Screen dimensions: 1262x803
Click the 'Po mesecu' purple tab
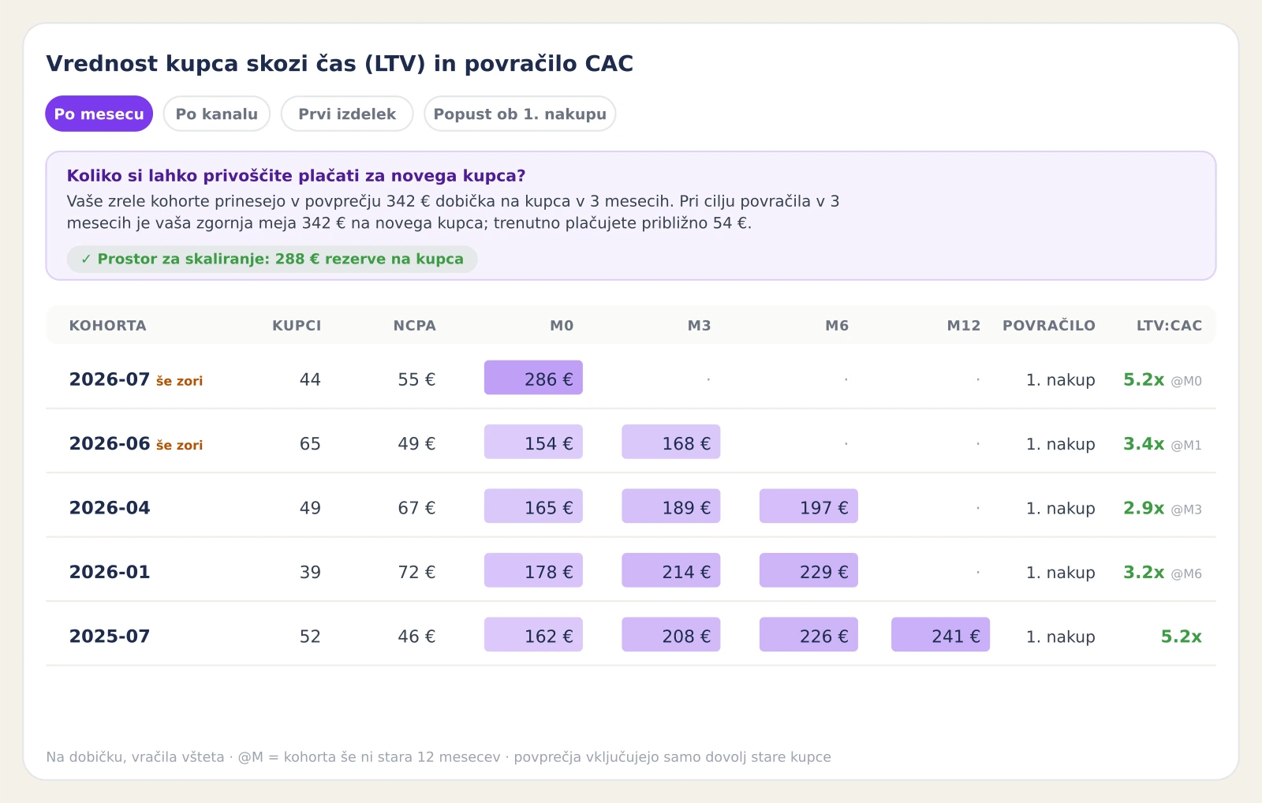click(99, 114)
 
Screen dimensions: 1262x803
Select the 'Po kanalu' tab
click(217, 114)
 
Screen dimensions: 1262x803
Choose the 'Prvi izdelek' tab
click(347, 114)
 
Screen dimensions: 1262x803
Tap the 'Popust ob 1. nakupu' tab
click(520, 114)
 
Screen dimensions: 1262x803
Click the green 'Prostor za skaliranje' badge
click(272, 260)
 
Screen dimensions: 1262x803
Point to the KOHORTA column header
click(107, 326)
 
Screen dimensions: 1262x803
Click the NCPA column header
click(415, 326)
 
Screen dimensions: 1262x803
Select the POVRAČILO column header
click(1049, 326)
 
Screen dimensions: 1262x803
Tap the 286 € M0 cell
click(533, 378)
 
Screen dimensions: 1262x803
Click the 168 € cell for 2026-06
click(671, 442)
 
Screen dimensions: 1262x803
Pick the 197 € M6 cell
click(808, 506)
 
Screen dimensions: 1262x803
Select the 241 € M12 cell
click(940, 634)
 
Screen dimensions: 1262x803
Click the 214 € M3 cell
click(671, 570)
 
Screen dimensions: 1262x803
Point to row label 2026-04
click(110, 508)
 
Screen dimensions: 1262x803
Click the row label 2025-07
click(110, 637)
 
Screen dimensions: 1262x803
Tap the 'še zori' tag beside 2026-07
click(179, 381)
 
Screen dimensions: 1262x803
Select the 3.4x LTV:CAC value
click(1144, 444)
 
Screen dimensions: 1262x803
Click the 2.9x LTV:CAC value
click(1144, 508)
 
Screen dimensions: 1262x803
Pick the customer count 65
click(310, 444)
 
